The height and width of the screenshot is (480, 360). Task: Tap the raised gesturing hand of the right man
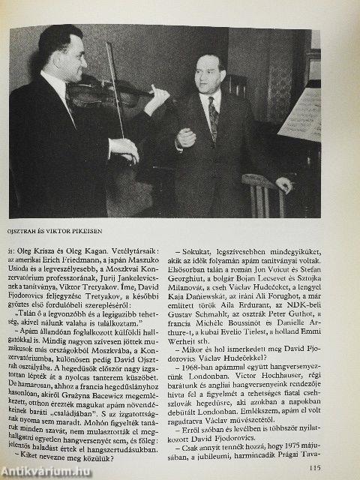click(x=185, y=137)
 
